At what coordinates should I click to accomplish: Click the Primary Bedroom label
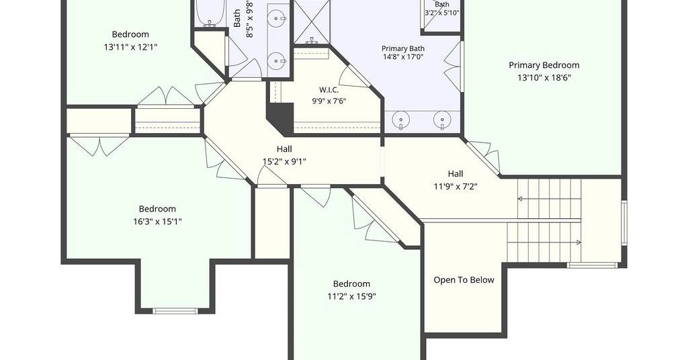coord(544,65)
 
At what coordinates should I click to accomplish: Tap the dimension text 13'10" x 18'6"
coord(544,78)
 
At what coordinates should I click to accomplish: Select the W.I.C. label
coord(329,90)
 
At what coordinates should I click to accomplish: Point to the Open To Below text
coord(464,280)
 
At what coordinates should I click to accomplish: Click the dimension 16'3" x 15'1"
coord(157,222)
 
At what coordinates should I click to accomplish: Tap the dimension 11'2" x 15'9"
coord(351,296)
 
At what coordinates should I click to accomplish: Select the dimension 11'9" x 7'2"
coord(456,186)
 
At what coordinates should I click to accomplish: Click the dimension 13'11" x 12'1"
coord(130,47)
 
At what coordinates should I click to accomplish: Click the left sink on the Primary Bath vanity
coord(401,120)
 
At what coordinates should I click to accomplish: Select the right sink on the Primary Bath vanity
coord(442,120)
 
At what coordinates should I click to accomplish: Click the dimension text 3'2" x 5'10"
coord(442,13)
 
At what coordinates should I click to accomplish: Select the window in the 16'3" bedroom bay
coord(175,311)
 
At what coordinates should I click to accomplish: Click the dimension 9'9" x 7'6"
coord(329,101)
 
